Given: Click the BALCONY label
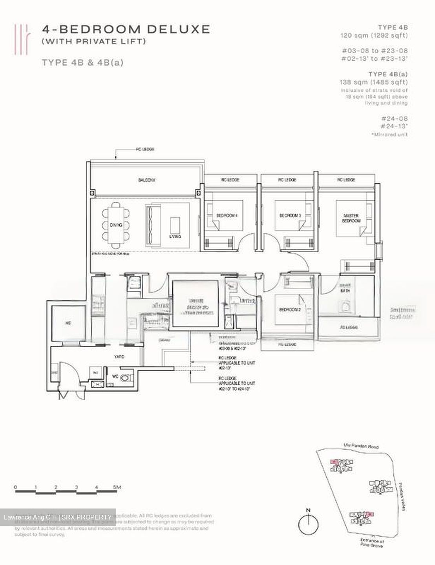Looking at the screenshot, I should tap(147, 180).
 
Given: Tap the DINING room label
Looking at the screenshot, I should tap(115, 225).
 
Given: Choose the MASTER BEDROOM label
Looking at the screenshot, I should tap(351, 218).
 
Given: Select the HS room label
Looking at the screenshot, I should tap(68, 323).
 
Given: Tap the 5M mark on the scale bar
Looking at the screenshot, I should tap(117, 487).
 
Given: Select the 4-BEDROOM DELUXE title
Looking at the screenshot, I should tap(126, 29).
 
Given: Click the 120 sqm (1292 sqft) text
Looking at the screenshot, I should tap(374, 35).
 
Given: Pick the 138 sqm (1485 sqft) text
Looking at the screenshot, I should tap(373, 82).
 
